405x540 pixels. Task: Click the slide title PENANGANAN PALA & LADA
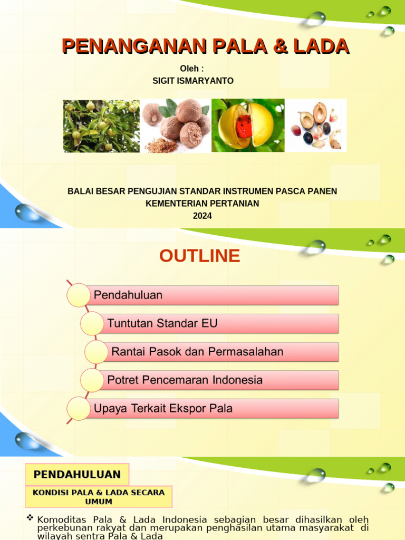(206, 46)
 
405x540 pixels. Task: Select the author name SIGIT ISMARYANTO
(192, 81)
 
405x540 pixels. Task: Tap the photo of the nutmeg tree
(101, 126)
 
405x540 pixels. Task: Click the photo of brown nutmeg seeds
(176, 126)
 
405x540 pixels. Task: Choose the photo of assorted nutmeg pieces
(316, 126)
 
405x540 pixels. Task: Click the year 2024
(202, 216)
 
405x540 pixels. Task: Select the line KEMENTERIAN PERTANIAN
(202, 203)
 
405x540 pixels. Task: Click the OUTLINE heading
(199, 256)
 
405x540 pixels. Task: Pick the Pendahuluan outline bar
(211, 295)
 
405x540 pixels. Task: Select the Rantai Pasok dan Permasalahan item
(221, 352)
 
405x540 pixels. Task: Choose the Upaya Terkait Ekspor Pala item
(211, 408)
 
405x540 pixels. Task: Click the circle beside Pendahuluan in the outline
(79, 295)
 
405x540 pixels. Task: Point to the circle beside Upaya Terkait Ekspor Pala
(79, 409)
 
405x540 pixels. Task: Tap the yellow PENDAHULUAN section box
(77, 475)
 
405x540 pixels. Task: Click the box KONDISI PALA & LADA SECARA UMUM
(99, 497)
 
